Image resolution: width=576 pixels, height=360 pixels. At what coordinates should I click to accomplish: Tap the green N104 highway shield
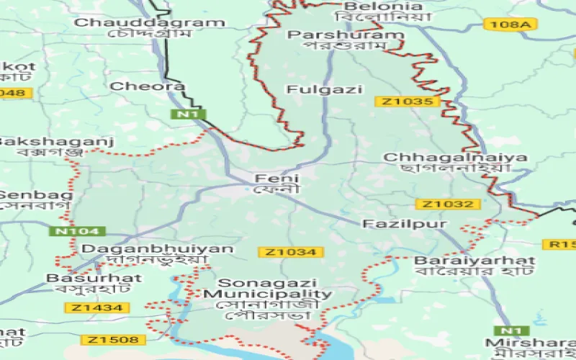click(77, 231)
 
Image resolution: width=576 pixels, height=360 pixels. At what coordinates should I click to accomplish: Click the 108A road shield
click(511, 24)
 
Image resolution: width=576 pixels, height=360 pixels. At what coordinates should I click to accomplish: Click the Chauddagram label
click(150, 22)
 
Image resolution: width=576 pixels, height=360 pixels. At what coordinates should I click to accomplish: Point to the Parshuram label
click(345, 35)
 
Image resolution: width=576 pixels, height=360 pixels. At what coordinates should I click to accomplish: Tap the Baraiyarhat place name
click(474, 260)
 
